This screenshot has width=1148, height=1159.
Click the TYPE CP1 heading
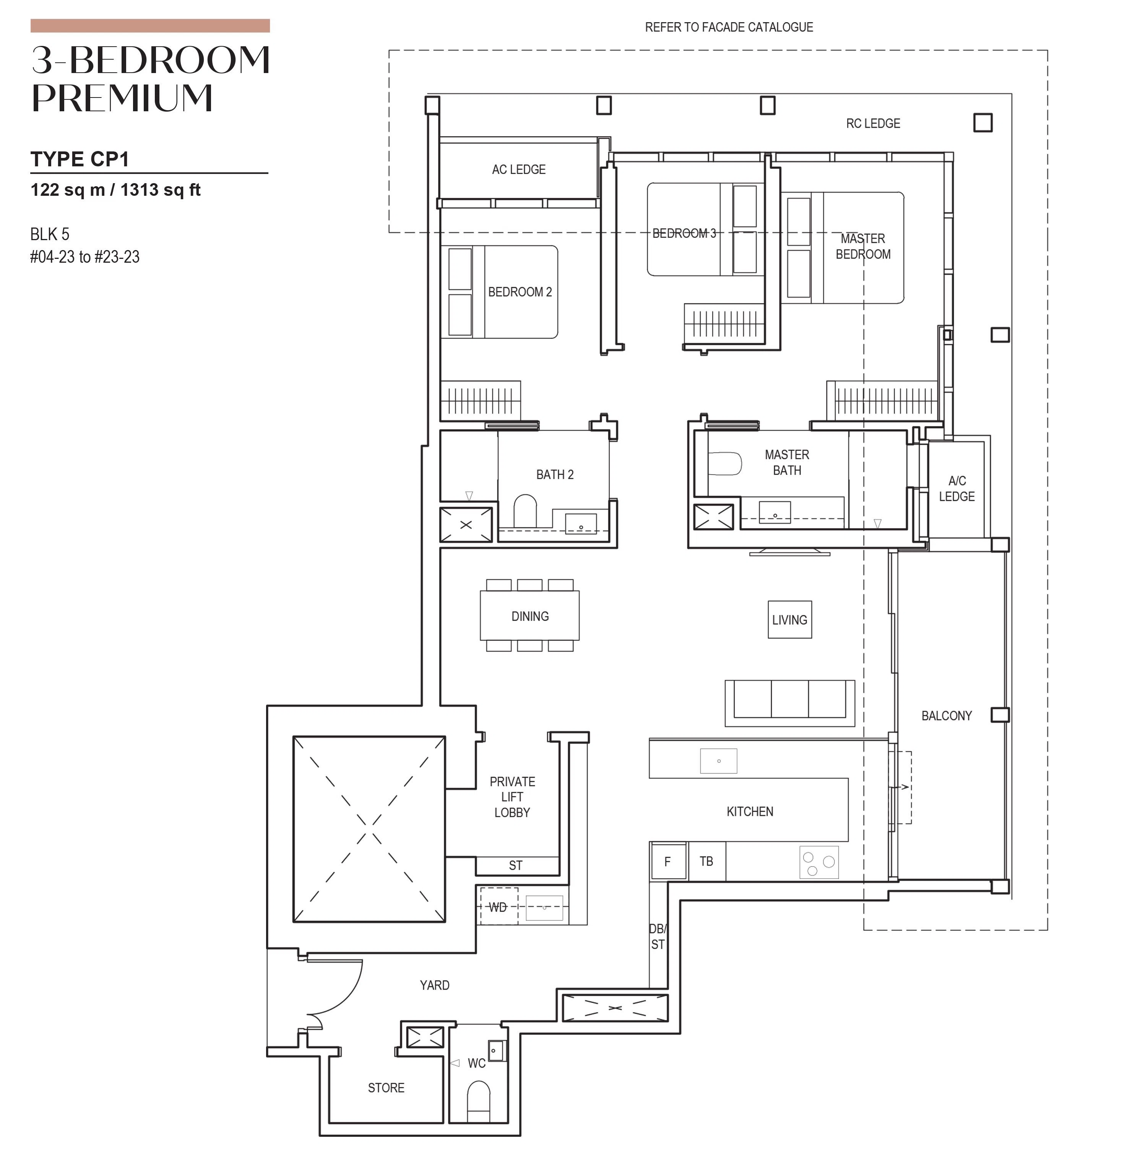coord(80,159)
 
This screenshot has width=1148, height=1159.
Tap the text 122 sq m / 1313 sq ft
coord(115,190)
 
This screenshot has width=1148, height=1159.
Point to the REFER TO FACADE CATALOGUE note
coord(729,27)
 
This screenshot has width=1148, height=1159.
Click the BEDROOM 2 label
coord(520,292)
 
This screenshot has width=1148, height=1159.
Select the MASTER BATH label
coord(787,463)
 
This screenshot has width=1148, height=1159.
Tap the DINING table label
coord(529,616)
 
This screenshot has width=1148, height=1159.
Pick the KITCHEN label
coord(750,812)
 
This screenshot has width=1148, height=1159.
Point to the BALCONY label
coord(947,716)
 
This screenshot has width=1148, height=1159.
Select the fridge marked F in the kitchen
coord(667,862)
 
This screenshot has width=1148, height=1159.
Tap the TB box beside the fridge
coord(706,862)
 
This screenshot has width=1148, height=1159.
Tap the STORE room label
coord(386,1087)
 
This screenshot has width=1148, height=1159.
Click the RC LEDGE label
coord(873,124)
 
